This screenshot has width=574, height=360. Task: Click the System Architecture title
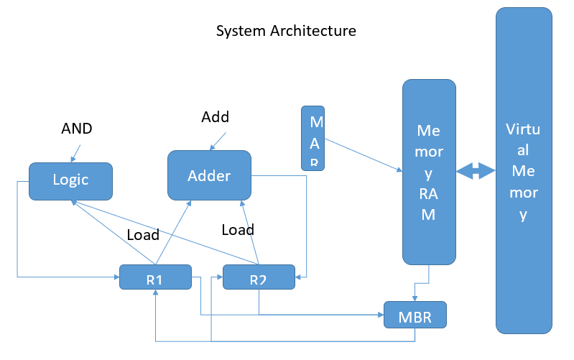coord(286,32)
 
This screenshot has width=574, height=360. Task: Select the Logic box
coord(70,180)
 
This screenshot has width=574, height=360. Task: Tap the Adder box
coord(209,175)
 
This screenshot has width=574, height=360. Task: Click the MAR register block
coord(313,137)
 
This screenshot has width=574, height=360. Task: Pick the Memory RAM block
coord(429,172)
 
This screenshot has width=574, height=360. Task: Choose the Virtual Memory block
coord(523,171)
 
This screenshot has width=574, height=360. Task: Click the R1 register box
coord(154,277)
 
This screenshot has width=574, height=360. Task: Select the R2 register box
coord(259,277)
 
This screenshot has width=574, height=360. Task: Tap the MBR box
coord(415,315)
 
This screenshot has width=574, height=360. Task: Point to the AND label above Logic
coord(77,129)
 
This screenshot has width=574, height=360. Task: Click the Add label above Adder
coord(214,116)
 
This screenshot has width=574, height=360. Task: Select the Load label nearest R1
coord(143,234)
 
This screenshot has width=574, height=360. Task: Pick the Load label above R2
coord(238,230)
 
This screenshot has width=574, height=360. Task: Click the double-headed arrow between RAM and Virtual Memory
coord(476,171)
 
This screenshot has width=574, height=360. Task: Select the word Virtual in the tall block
coord(523,130)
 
